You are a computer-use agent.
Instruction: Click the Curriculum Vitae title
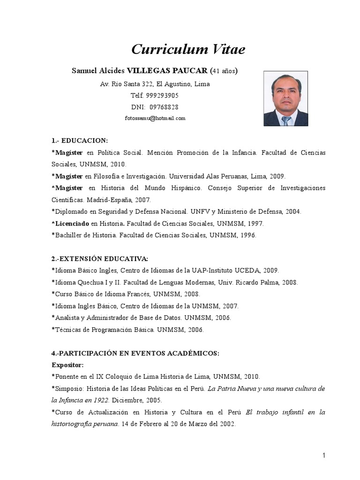pos(187,49)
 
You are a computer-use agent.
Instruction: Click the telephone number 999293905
pos(162,96)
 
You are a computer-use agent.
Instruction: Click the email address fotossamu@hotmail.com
pos(155,119)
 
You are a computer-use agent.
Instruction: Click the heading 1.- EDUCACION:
pos(79,141)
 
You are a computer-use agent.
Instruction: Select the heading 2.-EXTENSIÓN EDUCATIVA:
pos(99,258)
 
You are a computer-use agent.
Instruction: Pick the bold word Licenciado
pos(72,224)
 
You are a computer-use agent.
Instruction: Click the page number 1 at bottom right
pos(323,455)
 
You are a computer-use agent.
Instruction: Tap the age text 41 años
pos(223,71)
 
